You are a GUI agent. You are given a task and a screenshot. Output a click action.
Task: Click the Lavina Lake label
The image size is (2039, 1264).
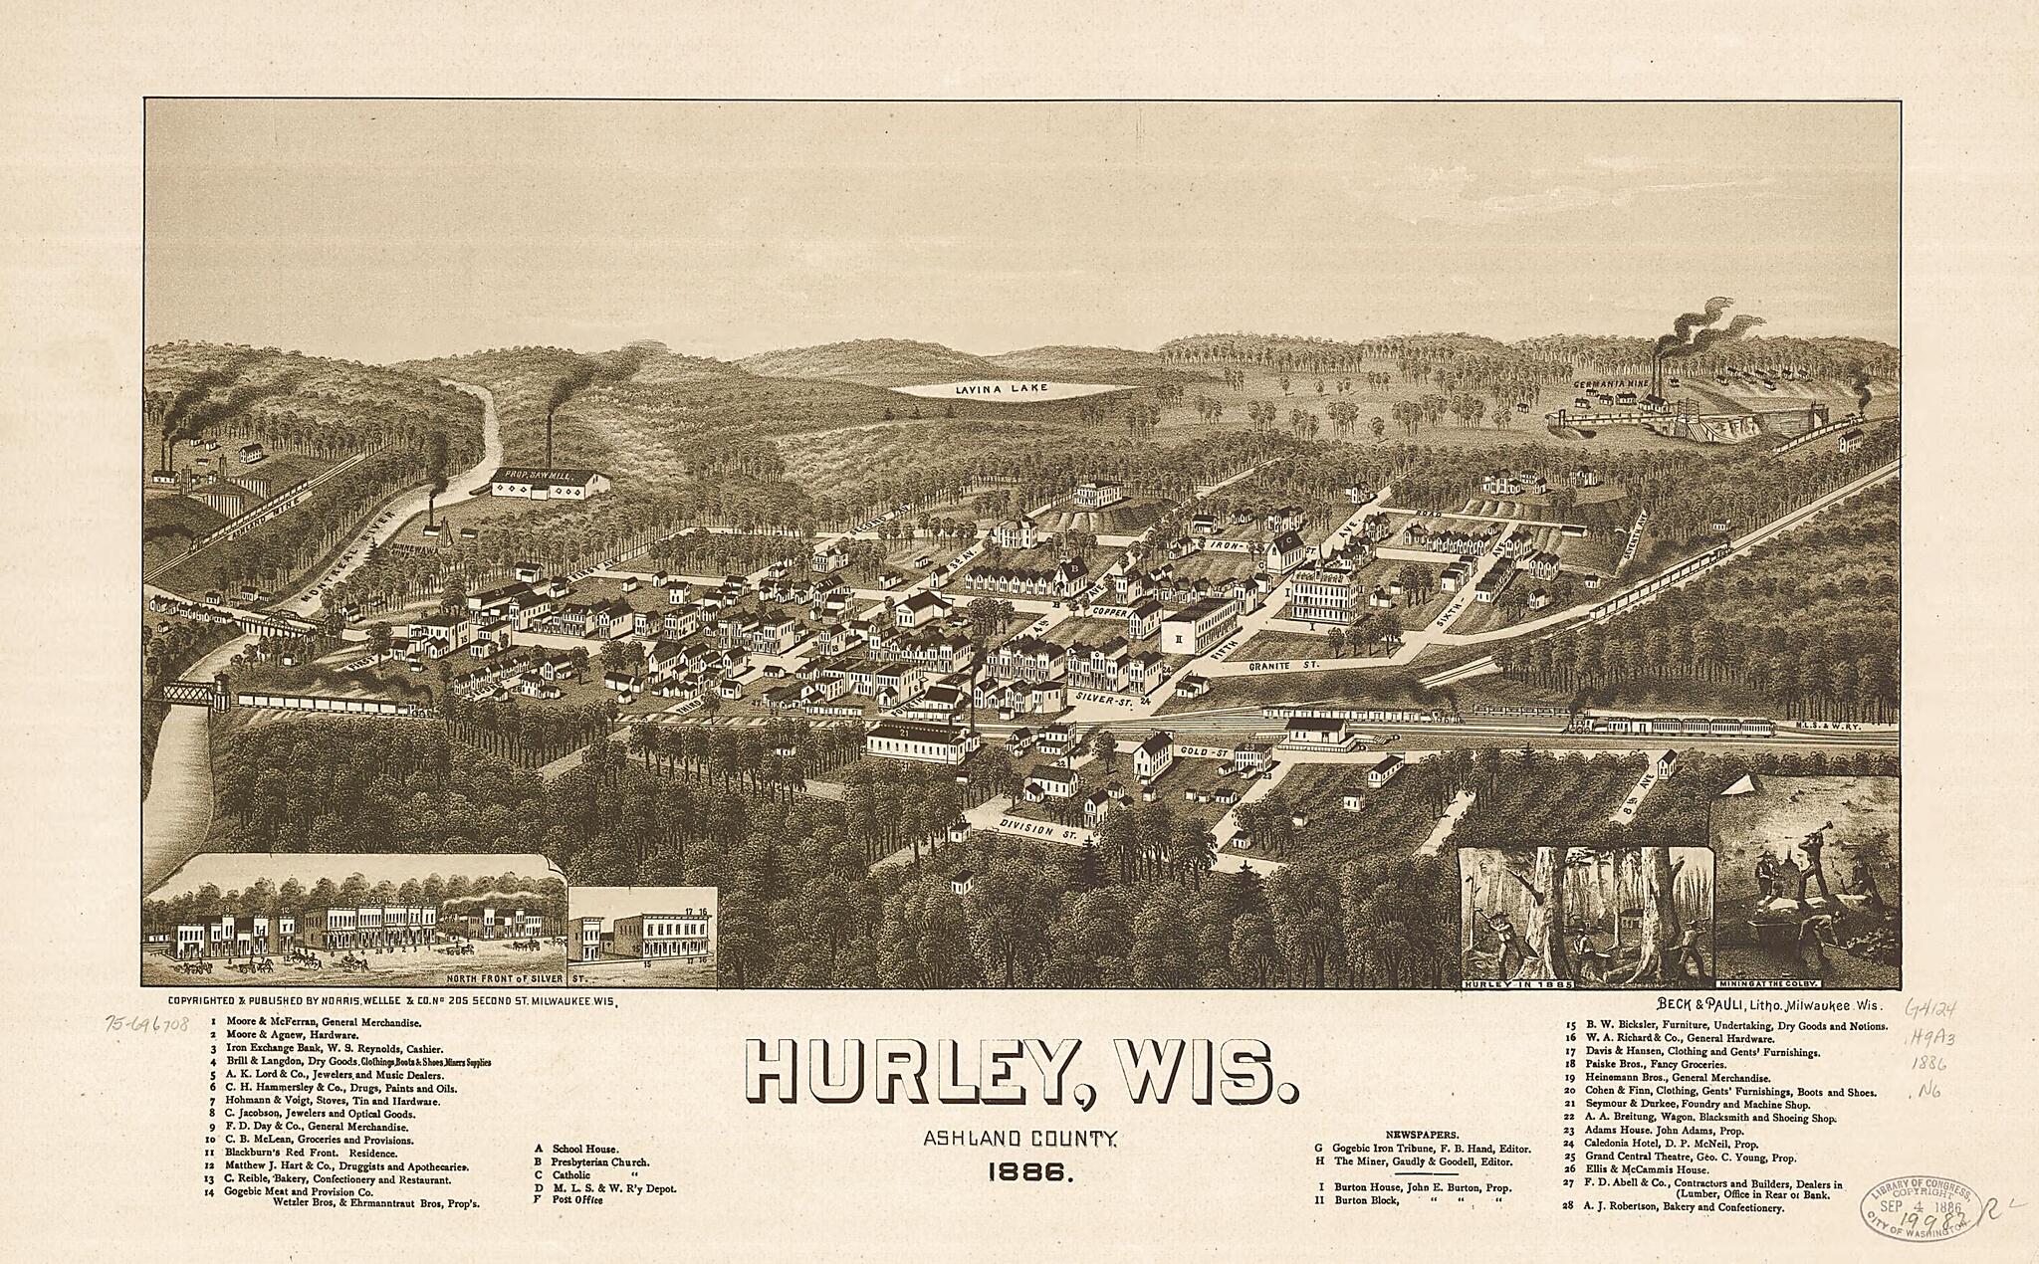tap(1014, 389)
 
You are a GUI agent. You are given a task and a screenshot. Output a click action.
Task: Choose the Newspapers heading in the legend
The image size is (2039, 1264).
tap(1422, 1134)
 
